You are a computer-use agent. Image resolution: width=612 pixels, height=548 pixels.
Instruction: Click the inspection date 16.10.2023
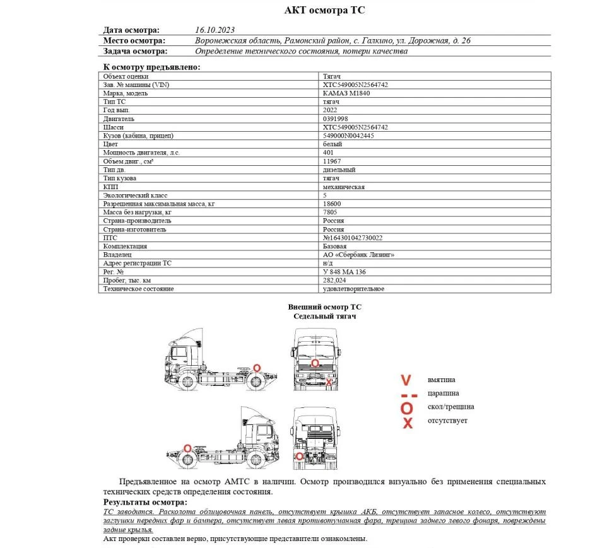pos(215,30)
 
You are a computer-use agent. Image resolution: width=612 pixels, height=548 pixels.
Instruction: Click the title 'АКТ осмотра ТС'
pos(324,10)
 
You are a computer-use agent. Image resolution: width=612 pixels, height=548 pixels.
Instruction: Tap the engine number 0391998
pos(335,119)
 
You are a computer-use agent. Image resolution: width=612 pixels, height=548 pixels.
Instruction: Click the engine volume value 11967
pos(332,161)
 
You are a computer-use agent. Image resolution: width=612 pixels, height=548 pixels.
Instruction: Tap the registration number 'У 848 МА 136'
pos(344,272)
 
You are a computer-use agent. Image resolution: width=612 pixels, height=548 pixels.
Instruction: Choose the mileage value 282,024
pos(334,280)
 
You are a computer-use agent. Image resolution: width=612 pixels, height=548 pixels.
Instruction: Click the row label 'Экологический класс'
pos(134,195)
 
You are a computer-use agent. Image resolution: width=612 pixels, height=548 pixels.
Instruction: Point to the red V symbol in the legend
pos(406,380)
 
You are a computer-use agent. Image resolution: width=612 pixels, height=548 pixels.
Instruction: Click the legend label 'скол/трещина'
pos(450,407)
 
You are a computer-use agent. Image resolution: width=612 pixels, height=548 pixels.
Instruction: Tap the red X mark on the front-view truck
pos(329,382)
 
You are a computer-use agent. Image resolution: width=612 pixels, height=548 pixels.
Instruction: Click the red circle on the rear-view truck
pos(299,455)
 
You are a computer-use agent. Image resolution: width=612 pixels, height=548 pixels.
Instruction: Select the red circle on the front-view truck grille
pos(315,363)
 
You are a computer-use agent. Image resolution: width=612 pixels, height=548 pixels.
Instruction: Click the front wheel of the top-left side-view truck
pos(187,380)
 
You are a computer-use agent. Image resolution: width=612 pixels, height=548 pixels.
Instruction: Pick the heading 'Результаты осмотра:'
pos(144,502)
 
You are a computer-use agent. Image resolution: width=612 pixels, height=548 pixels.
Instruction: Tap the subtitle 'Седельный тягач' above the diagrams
pos(324,316)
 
